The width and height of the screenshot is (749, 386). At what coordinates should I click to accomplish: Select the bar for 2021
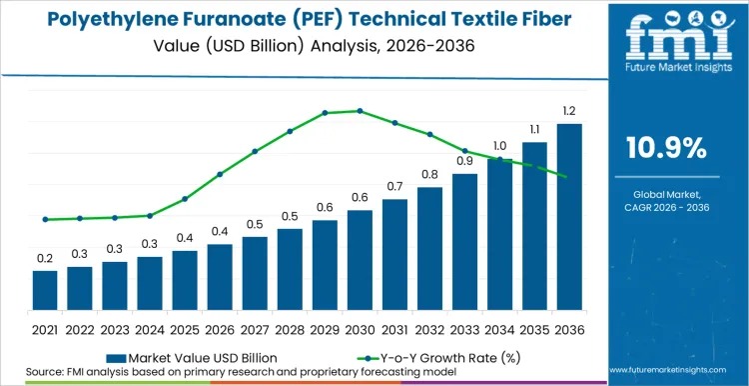coord(45,290)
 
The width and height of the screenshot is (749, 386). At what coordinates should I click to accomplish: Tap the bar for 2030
coord(360,260)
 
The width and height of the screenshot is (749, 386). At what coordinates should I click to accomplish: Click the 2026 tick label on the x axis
coord(220,328)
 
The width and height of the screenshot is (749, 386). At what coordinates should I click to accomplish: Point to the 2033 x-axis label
coord(464,328)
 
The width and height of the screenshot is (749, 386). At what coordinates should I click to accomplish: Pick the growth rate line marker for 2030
coord(360,111)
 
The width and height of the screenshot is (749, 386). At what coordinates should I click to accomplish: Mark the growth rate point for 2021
coord(45,219)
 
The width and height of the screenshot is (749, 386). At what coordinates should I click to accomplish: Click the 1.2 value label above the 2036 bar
coord(569,110)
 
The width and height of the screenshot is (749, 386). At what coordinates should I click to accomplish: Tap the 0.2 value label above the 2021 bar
coord(45,258)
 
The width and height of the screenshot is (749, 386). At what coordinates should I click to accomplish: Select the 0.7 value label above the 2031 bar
coord(394,186)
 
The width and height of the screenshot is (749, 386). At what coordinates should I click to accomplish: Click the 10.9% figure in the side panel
coord(666,148)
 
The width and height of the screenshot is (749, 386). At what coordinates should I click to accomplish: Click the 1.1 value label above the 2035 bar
coord(534,129)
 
